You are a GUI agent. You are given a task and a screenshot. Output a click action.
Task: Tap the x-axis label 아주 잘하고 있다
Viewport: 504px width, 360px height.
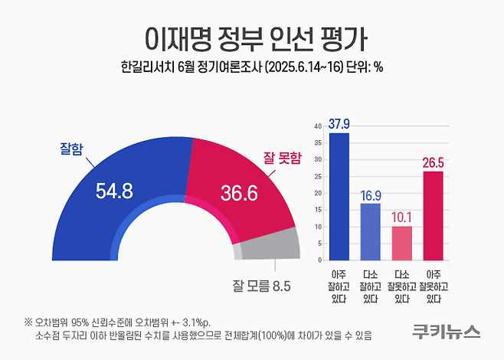tap(338, 286)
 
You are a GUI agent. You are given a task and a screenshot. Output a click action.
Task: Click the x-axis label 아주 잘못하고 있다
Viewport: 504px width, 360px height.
tap(433, 286)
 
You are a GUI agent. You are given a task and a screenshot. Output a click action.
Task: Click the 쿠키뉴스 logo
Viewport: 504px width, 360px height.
tap(445, 332)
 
